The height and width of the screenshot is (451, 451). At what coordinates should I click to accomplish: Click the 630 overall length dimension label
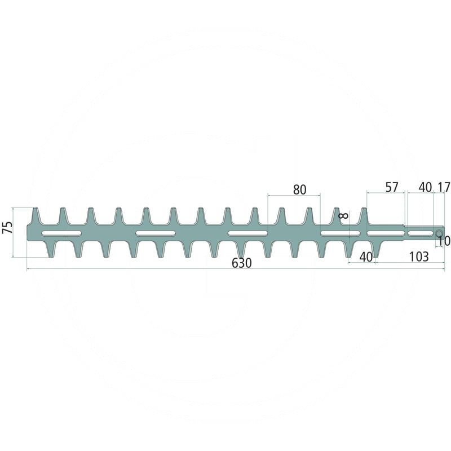pos(242,263)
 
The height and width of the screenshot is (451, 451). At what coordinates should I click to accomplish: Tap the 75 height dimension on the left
pos(8,227)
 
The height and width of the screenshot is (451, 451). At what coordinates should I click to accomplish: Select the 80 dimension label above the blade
pos(300,190)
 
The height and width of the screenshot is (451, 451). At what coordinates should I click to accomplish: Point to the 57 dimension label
pos(392,188)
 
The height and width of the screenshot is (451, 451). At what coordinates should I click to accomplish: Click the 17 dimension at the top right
pos(444,188)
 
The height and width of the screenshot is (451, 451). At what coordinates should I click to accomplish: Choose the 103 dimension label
pos(418,257)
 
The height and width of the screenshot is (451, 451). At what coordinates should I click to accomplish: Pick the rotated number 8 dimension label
pos(344,215)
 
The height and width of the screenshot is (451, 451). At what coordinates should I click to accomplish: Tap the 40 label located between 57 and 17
pos(425,188)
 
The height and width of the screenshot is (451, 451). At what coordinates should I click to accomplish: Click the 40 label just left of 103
pos(366,257)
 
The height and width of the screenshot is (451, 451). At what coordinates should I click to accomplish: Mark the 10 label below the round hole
pos(444,241)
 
